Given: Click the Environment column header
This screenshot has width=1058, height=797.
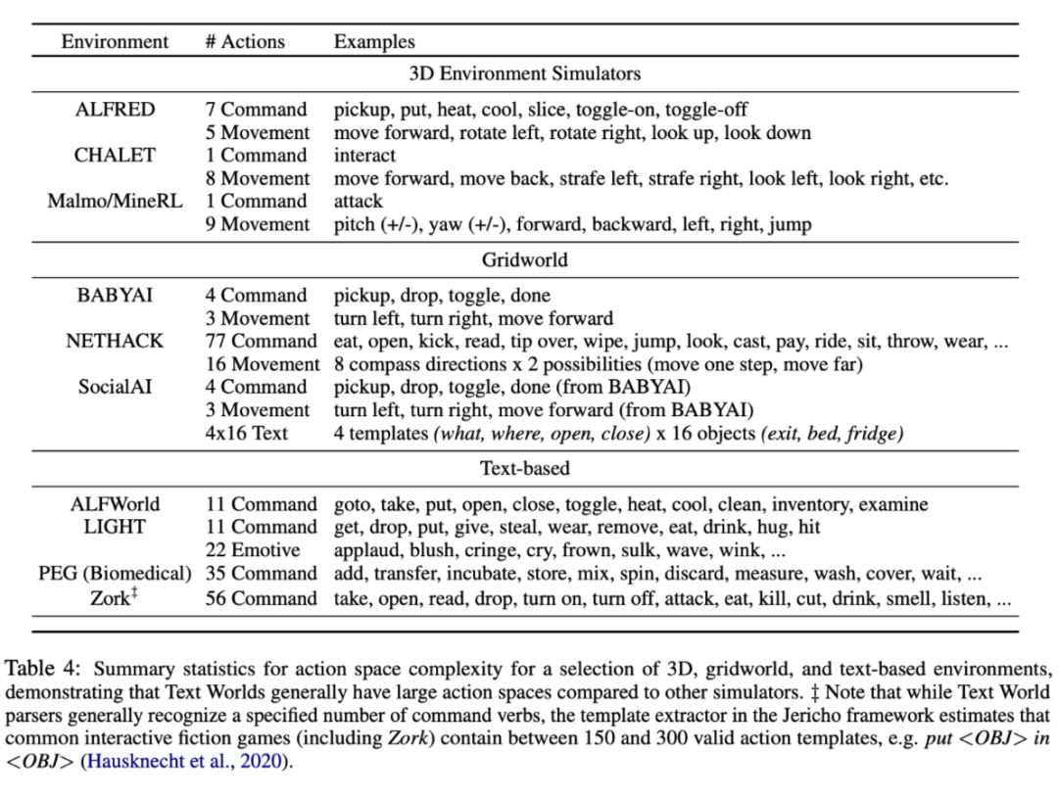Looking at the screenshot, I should pyautogui.click(x=115, y=42).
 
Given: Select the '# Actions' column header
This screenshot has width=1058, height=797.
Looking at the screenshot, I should pyautogui.click(x=245, y=42).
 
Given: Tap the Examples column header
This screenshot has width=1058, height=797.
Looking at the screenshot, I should pyautogui.click(x=374, y=42).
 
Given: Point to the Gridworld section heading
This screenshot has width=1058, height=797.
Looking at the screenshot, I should pyautogui.click(x=524, y=259).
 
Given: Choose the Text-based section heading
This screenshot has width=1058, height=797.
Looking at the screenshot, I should pyautogui.click(x=524, y=468).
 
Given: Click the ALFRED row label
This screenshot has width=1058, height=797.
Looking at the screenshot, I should pyautogui.click(x=115, y=110).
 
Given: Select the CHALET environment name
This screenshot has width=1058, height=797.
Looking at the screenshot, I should pyautogui.click(x=115, y=156).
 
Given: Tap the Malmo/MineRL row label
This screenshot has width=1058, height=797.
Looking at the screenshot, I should pyautogui.click(x=115, y=202).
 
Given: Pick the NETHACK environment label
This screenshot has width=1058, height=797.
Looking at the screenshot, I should pyautogui.click(x=115, y=342).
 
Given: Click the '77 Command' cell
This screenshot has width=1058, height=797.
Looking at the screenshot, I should pyautogui.click(x=261, y=342).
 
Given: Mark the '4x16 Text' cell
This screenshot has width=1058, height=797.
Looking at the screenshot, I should pyautogui.click(x=247, y=433).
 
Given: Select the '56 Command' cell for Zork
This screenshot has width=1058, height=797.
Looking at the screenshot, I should pyautogui.click(x=261, y=598).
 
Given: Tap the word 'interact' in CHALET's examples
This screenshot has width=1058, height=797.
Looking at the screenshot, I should pyautogui.click(x=364, y=156).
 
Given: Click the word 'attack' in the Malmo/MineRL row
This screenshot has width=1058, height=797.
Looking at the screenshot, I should pyautogui.click(x=359, y=202).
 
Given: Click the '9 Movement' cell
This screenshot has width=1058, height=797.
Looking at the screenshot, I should pyautogui.click(x=257, y=225).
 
